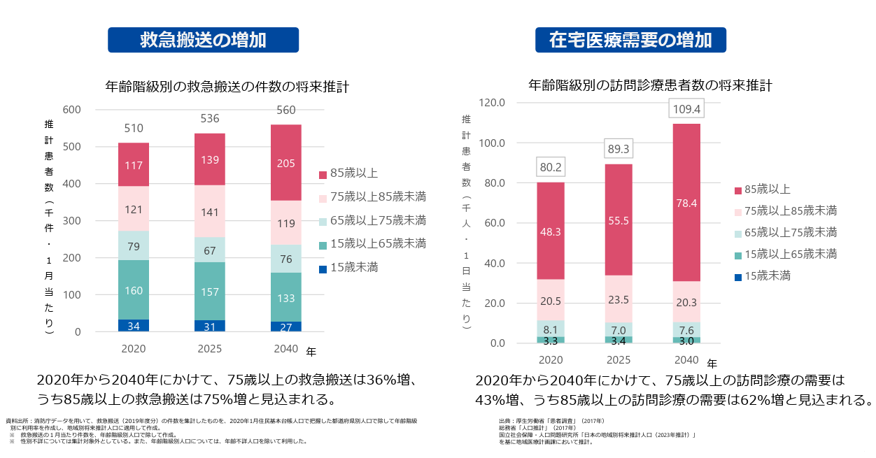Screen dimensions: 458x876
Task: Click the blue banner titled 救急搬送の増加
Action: tap(203, 40)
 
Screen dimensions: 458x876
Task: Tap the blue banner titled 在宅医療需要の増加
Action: tap(630, 40)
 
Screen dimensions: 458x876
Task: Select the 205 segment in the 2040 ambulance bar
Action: tap(285, 163)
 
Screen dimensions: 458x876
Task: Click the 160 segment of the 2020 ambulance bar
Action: tap(133, 289)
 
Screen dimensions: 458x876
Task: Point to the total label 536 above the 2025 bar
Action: tap(209, 119)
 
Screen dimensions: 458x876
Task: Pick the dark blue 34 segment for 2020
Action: tap(133, 326)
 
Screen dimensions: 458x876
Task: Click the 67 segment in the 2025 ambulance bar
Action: tap(209, 250)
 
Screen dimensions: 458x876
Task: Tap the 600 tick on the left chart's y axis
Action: tap(72, 110)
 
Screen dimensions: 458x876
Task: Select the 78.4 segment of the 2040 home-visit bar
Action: tap(686, 203)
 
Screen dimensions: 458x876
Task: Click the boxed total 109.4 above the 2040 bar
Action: tap(686, 110)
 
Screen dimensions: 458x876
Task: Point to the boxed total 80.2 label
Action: tap(551, 168)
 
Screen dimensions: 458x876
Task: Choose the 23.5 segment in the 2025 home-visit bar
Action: tap(619, 299)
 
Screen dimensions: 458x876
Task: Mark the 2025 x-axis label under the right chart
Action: tap(619, 360)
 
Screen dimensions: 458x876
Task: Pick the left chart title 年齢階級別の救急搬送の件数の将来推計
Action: tap(227, 87)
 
